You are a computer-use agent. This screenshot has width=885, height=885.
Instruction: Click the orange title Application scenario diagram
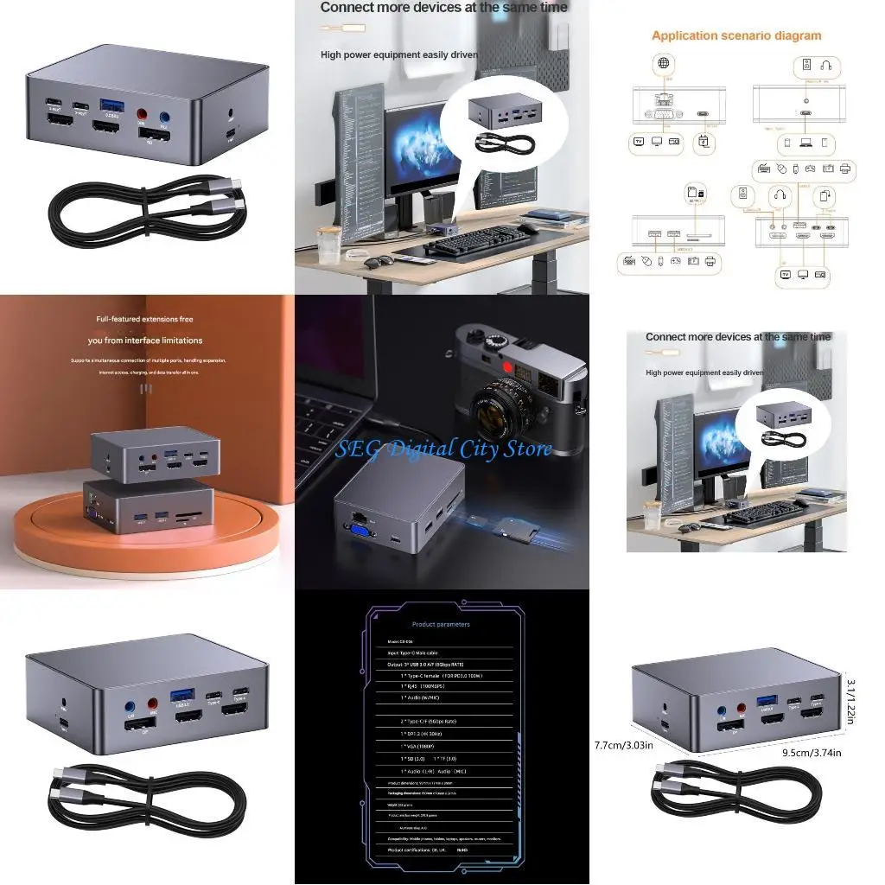pos(736,35)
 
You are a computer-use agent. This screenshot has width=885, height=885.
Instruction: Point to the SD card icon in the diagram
pos(691,192)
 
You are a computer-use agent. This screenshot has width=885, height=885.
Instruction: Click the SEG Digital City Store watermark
pos(443,449)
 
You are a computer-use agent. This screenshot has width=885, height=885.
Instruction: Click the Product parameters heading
pos(441,624)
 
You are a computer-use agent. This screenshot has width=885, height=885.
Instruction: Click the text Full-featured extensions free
pos(144,319)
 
